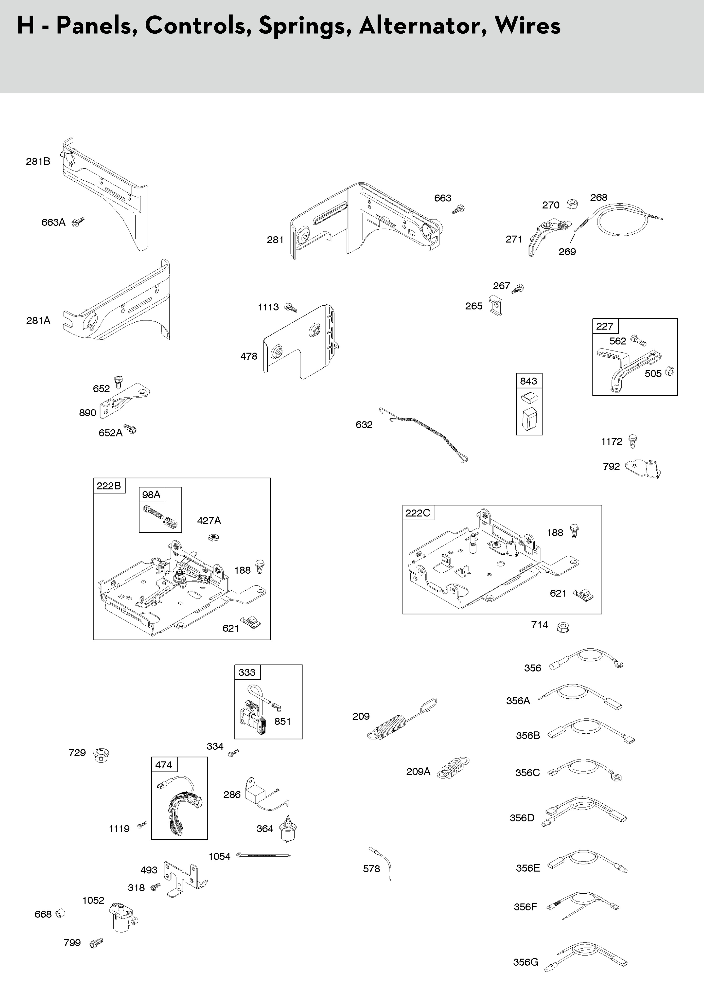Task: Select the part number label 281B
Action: (38, 162)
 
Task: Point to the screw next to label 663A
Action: (78, 222)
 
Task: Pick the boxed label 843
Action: (528, 381)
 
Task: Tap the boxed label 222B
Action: (109, 486)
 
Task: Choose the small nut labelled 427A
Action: (213, 537)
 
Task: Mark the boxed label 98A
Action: (151, 495)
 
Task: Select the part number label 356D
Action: (522, 818)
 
